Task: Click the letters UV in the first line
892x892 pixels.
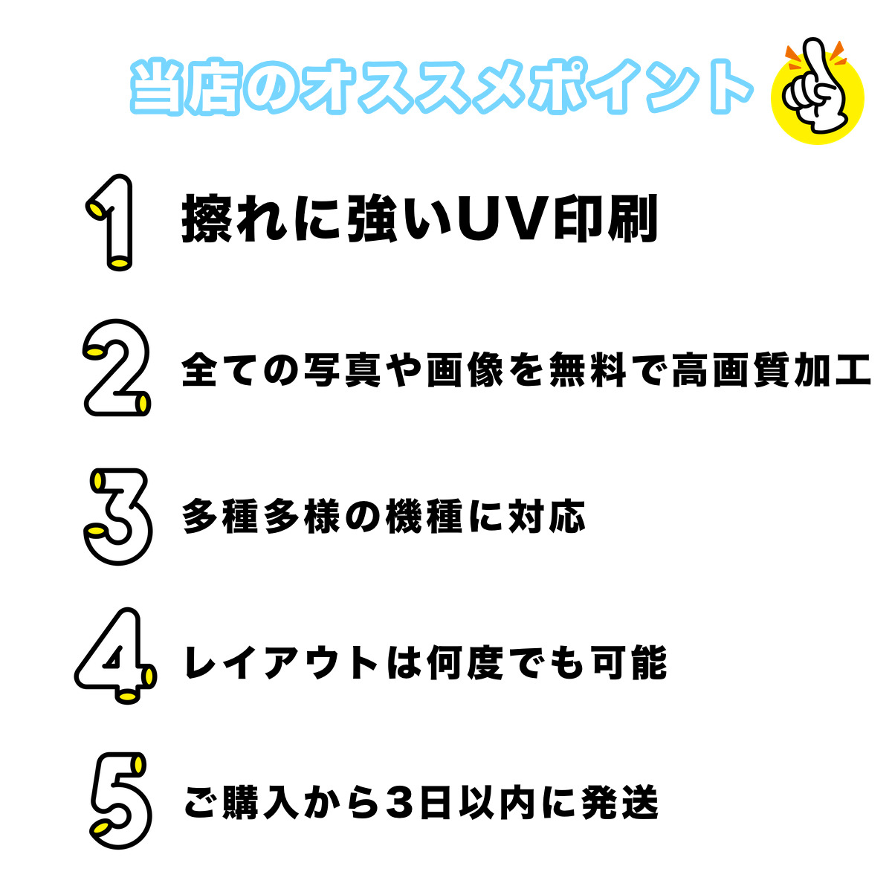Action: [504, 219]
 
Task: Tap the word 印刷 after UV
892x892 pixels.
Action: [606, 219]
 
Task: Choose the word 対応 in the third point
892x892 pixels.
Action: [546, 517]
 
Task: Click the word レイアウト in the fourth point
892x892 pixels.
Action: [282, 662]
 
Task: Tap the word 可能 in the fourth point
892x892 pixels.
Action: [630, 662]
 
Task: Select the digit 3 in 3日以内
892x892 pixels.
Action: [401, 802]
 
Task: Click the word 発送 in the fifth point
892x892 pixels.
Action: [620, 802]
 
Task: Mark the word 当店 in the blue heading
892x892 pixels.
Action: [185, 86]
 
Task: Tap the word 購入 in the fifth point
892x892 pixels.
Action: [260, 802]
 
